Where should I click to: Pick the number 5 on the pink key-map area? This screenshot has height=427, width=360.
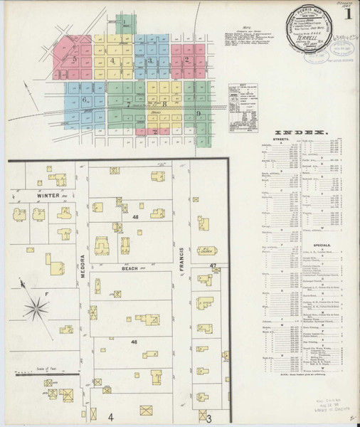tap(74, 59)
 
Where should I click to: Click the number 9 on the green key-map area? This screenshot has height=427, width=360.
tap(198, 114)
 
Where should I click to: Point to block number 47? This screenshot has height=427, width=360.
tap(213, 265)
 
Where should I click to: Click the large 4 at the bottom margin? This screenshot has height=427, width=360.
tap(111, 416)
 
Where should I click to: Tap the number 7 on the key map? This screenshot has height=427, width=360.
tap(129, 105)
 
